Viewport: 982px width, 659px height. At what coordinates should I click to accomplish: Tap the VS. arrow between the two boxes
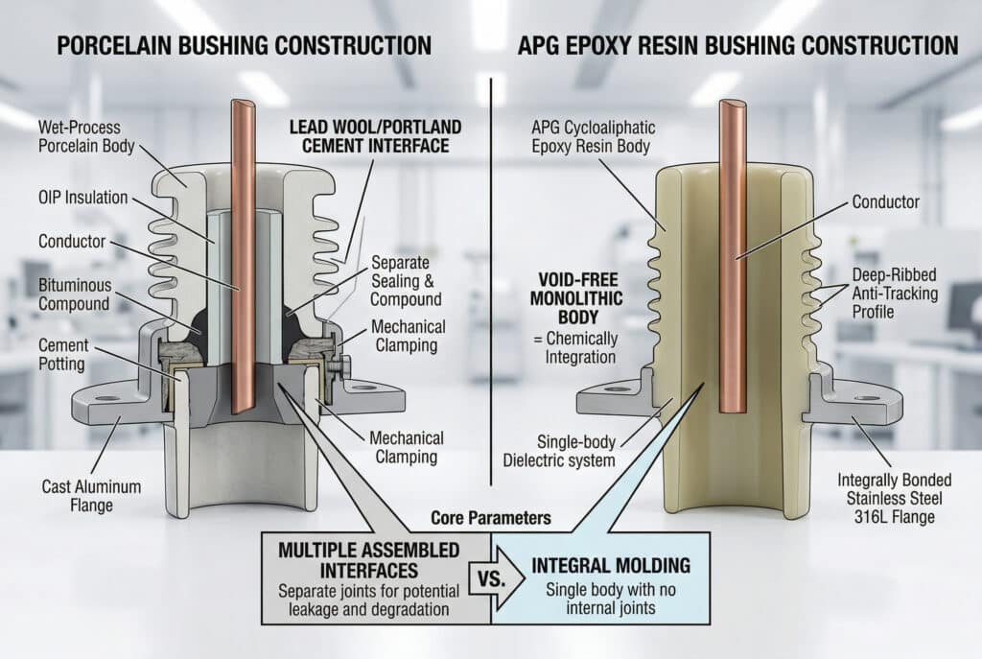pos(489,578)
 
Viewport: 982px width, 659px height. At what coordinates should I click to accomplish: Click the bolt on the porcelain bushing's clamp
pos(339,365)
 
